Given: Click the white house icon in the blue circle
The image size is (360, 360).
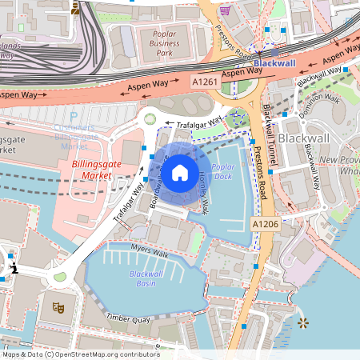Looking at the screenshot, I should (x=180, y=171).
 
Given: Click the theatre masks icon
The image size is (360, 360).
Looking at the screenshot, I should (x=57, y=306).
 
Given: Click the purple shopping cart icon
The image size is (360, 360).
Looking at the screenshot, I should (x=226, y=10).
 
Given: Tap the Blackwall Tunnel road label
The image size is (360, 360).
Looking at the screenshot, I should (x=266, y=137).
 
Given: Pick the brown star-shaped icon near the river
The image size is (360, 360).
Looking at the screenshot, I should (x=303, y=323).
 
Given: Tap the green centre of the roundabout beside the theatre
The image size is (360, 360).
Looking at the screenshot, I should (x=60, y=278).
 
